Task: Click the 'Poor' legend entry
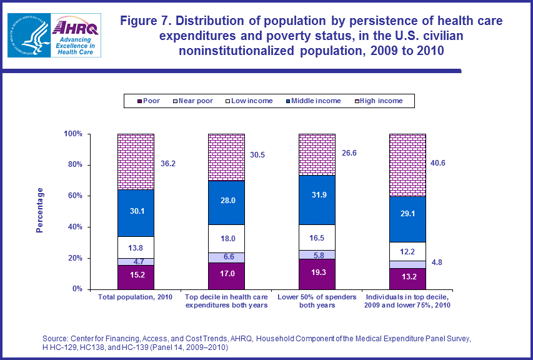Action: [x=149, y=101]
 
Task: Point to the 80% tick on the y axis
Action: [x=75, y=165]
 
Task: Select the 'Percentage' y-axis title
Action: [x=40, y=211]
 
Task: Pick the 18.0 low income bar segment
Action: [x=226, y=238]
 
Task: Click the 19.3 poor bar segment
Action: [x=317, y=274]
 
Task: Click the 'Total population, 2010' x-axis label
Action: [x=136, y=297]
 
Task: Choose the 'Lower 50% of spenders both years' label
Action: [x=317, y=301]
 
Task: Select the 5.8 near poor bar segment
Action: [x=317, y=254]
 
